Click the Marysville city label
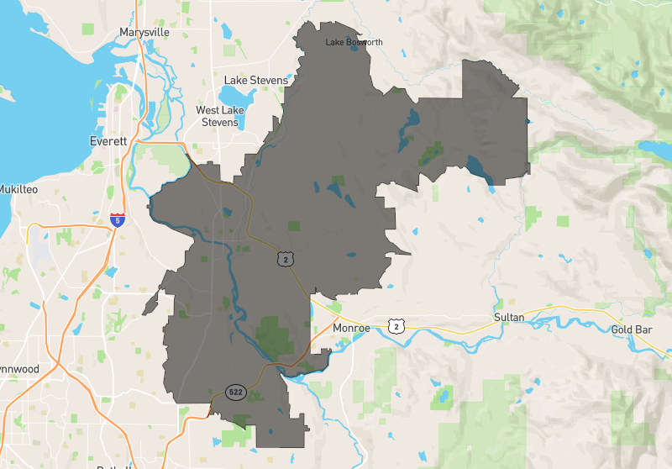(x=144, y=32)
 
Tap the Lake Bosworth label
(x=354, y=42)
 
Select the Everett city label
(x=108, y=141)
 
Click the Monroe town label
(x=351, y=328)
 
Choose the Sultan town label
(x=508, y=317)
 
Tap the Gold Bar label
(x=632, y=329)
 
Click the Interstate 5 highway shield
(x=118, y=220)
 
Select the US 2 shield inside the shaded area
(x=287, y=260)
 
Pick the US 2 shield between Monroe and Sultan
(x=396, y=325)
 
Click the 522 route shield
(x=236, y=392)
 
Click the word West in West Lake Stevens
(x=208, y=110)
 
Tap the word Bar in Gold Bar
(x=643, y=329)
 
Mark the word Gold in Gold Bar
(x=622, y=329)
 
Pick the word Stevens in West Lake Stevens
(x=219, y=122)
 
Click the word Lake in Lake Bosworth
(x=334, y=42)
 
